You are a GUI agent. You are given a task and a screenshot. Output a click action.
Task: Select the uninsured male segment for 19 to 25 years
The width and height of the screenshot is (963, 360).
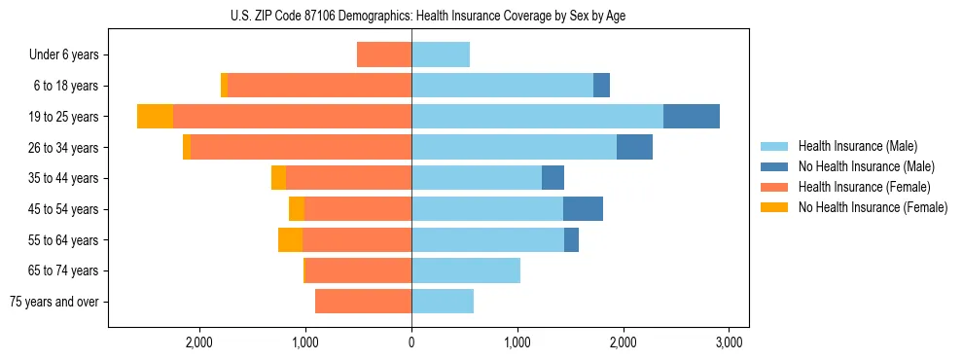(x=691, y=116)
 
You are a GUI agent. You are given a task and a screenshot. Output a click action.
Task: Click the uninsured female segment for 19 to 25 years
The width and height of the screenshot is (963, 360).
(x=155, y=116)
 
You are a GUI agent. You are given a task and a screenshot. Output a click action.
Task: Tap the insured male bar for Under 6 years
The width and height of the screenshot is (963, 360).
(x=441, y=54)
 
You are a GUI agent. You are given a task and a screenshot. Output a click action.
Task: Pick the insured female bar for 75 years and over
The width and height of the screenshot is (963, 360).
(x=363, y=302)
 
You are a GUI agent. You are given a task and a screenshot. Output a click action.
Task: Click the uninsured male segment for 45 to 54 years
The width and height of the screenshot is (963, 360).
(x=583, y=209)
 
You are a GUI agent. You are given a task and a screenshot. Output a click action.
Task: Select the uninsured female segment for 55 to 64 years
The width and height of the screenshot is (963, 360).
(x=290, y=239)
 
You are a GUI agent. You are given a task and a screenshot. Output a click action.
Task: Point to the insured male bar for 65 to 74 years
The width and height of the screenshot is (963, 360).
(x=466, y=270)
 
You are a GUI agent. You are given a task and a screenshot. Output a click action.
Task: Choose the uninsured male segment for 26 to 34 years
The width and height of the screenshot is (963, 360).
(x=634, y=147)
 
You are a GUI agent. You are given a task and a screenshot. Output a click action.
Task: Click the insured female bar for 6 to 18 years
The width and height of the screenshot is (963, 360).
(x=319, y=86)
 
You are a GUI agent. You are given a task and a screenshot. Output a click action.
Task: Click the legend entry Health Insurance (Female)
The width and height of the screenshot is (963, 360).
(x=865, y=187)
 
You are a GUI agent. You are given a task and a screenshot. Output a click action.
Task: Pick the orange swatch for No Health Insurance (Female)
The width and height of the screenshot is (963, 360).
(x=775, y=207)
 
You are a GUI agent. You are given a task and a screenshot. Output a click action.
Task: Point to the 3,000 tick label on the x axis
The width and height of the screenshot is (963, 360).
(x=730, y=342)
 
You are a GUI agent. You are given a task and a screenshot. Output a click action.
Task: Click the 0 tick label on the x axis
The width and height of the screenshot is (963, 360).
(x=411, y=342)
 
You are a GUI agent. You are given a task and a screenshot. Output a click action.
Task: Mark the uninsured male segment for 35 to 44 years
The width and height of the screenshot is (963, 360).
(x=553, y=178)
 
